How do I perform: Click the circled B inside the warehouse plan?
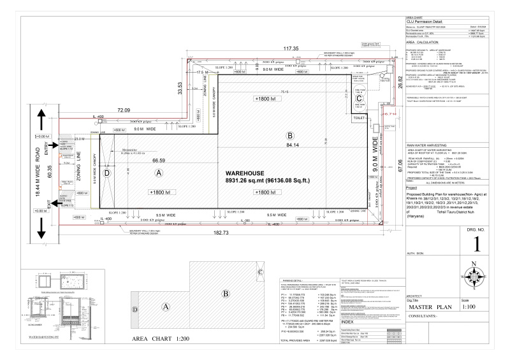tap(290, 136)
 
